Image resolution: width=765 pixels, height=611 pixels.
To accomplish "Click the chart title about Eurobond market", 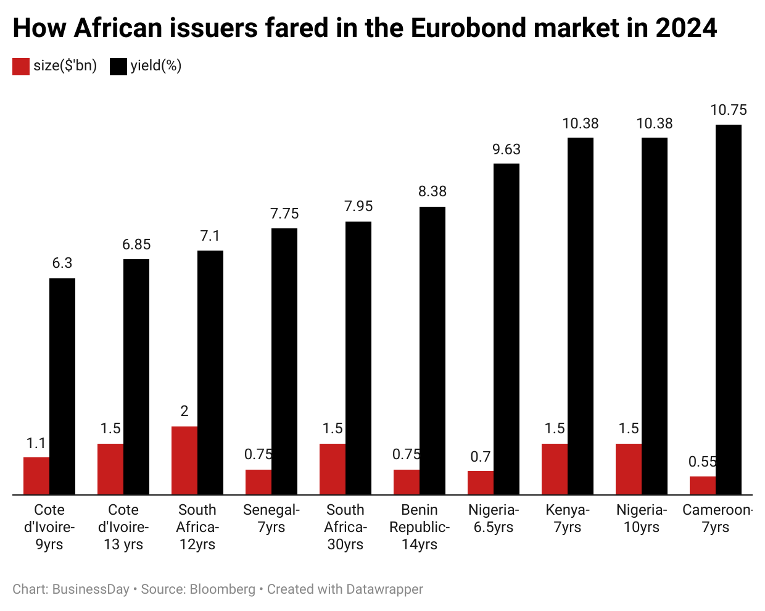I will pyautogui.click(x=364, y=28).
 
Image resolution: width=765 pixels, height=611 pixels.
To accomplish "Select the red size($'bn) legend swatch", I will pyautogui.click(x=21, y=66).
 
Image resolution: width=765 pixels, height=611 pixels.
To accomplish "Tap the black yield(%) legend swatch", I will pyautogui.click(x=118, y=66).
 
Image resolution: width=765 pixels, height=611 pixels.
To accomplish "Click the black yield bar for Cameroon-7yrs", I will pyautogui.click(x=728, y=309).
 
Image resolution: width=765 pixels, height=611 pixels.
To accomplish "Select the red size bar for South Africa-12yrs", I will pyautogui.click(x=184, y=460).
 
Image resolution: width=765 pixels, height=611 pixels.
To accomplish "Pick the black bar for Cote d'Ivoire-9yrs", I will pyautogui.click(x=62, y=386).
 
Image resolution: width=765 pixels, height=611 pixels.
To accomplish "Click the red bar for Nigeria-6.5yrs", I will pyautogui.click(x=481, y=483).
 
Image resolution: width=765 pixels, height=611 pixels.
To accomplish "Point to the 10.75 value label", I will pyautogui.click(x=729, y=110).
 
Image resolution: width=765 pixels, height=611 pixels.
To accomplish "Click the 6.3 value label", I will pyautogui.click(x=62, y=264).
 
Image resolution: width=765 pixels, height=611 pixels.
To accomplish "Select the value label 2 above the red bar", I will pyautogui.click(x=184, y=412).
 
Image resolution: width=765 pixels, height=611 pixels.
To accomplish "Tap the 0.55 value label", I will pyautogui.click(x=702, y=462).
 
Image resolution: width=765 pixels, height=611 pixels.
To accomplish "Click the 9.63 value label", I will pyautogui.click(x=507, y=149).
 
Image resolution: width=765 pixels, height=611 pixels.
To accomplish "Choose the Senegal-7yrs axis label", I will pyautogui.click(x=271, y=518).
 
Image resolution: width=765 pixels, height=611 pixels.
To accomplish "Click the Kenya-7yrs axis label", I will pyautogui.click(x=568, y=518).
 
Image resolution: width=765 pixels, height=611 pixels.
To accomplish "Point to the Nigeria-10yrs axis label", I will pyautogui.click(x=642, y=518).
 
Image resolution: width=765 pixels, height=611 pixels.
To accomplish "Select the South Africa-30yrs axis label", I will pyautogui.click(x=345, y=527).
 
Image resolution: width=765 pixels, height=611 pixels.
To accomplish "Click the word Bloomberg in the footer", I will pyautogui.click(x=222, y=589).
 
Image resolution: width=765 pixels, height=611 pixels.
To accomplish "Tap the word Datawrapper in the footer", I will pyautogui.click(x=384, y=589).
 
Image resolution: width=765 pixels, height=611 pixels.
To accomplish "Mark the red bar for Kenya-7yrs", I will pyautogui.click(x=555, y=469).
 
